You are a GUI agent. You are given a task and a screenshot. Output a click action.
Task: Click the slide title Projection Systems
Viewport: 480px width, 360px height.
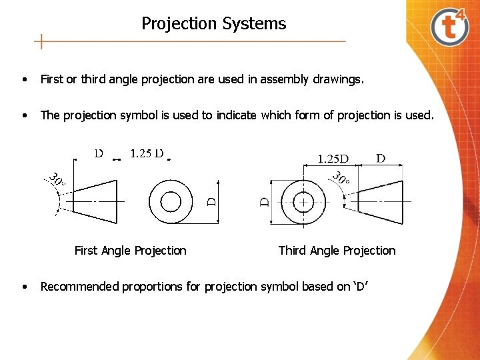[x=213, y=24]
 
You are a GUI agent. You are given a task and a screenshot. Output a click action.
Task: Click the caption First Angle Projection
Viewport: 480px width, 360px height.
[x=130, y=251]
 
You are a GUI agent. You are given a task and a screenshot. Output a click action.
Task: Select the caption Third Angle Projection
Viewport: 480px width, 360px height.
[x=337, y=251]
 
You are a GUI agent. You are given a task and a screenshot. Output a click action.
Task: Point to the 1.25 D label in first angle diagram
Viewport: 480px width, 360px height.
[x=147, y=153]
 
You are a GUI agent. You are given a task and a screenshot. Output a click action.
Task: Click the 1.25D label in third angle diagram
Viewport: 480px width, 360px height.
[x=333, y=159]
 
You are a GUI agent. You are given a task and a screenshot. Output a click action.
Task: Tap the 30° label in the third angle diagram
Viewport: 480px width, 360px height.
[x=341, y=179]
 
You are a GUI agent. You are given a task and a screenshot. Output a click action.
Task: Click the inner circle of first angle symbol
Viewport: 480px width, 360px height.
[x=171, y=201]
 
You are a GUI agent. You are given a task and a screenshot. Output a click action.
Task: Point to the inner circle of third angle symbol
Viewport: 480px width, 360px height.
[x=304, y=201]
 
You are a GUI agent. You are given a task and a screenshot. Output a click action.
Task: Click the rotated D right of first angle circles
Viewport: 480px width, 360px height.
[x=212, y=201]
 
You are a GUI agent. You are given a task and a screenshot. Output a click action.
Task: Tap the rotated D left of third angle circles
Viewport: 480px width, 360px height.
[x=265, y=201]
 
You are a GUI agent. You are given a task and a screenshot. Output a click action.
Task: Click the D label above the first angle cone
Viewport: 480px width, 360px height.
[x=98, y=153]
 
